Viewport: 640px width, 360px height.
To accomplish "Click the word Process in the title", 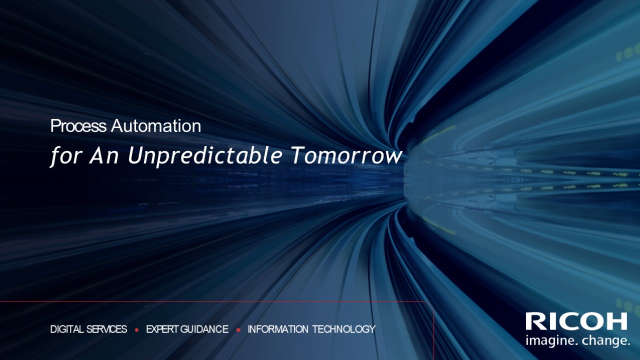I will (x=78, y=126).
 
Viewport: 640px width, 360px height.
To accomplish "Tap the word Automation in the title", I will (x=156, y=126).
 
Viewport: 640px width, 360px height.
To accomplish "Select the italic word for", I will (x=65, y=156).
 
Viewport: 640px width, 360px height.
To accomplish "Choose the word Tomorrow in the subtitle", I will (x=346, y=156).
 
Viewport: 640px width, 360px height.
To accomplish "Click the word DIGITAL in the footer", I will (x=67, y=329).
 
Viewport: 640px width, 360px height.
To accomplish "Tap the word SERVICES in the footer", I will (x=106, y=329).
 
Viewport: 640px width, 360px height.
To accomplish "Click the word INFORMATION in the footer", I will (x=278, y=329).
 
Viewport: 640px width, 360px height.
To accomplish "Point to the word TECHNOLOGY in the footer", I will (x=344, y=329).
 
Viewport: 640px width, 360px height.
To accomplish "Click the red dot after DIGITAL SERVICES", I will (x=136, y=330).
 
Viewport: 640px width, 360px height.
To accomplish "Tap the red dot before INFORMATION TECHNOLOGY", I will (x=238, y=330).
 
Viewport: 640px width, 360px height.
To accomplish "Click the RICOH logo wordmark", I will (x=576, y=321).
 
